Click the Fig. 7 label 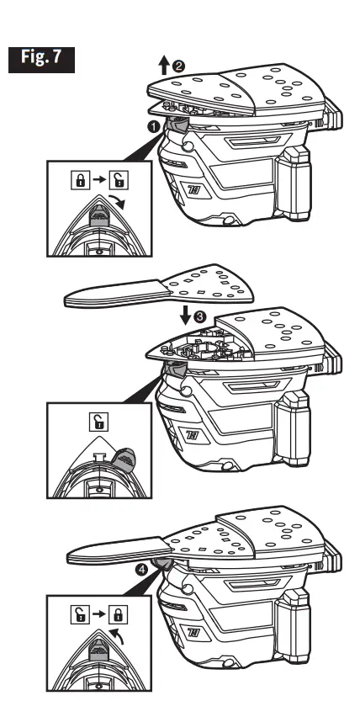(x=41, y=60)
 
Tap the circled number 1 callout (x=154, y=127)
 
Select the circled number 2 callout (x=178, y=66)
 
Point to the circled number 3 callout (x=199, y=317)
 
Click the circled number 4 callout (x=142, y=570)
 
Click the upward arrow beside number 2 (x=164, y=66)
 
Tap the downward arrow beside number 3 (x=186, y=316)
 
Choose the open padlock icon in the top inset (x=119, y=180)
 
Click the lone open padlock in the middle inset (x=98, y=421)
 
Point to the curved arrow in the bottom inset (x=117, y=636)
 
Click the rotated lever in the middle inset (x=124, y=459)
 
